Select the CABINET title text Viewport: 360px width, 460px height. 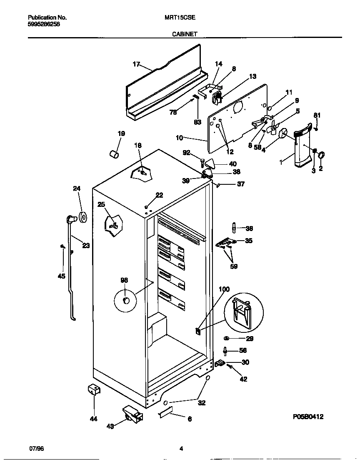point(185,35)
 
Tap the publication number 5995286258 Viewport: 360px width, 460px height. point(44,24)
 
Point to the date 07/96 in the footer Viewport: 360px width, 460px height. point(37,448)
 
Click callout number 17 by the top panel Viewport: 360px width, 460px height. point(136,64)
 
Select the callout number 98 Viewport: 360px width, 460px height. point(124,280)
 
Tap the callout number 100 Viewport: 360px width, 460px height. point(224,289)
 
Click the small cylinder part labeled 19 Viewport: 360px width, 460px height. point(114,154)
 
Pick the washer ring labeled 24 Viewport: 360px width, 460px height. point(82,216)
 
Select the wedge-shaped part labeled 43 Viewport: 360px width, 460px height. point(132,415)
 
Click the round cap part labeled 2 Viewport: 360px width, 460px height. point(321,156)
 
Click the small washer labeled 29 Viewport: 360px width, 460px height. point(227,338)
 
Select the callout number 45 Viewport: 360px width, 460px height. point(61,276)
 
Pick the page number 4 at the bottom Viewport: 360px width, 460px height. point(181,449)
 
